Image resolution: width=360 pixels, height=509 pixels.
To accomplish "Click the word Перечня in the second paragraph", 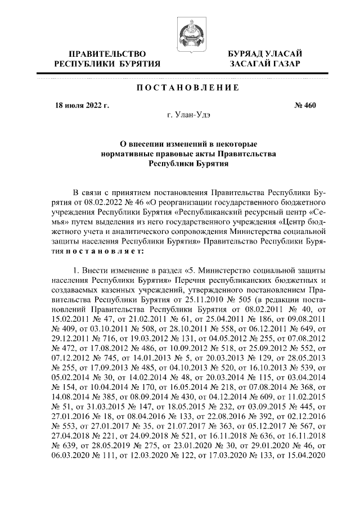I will [192, 280].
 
